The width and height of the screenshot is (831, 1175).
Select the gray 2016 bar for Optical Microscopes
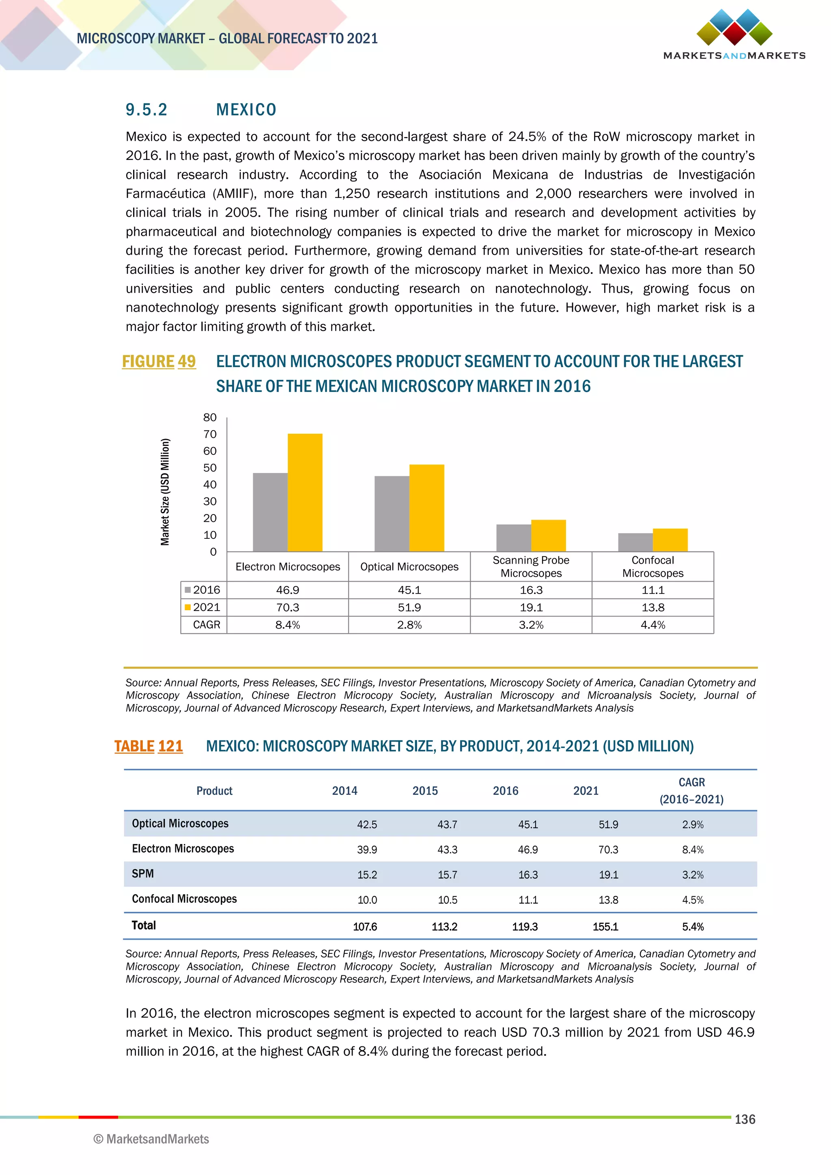[x=392, y=513]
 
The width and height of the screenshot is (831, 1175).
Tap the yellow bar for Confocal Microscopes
[x=670, y=540]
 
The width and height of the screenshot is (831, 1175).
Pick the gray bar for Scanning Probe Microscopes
[x=514, y=538]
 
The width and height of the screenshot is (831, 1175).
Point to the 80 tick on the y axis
[x=210, y=417]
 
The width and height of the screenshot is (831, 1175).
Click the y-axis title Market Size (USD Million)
[x=165, y=492]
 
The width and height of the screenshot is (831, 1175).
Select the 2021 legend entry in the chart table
[x=203, y=607]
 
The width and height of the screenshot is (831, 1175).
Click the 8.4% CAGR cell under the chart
[x=288, y=625]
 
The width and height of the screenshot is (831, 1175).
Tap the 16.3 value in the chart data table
[x=531, y=590]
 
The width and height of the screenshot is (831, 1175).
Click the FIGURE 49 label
[x=159, y=361]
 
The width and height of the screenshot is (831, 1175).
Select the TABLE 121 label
[x=149, y=746]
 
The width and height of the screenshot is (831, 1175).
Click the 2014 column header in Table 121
[x=344, y=791]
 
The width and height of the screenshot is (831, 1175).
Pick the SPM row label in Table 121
[x=143, y=874]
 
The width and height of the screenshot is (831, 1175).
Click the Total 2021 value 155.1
[x=605, y=927]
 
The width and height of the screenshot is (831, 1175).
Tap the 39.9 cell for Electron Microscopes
[x=367, y=850]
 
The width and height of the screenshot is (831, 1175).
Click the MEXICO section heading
[x=246, y=110]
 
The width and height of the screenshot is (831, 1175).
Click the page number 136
[x=745, y=1119]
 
